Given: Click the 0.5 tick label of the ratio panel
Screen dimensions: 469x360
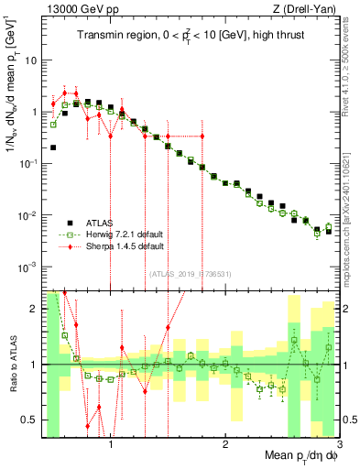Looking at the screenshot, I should point(27,420).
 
